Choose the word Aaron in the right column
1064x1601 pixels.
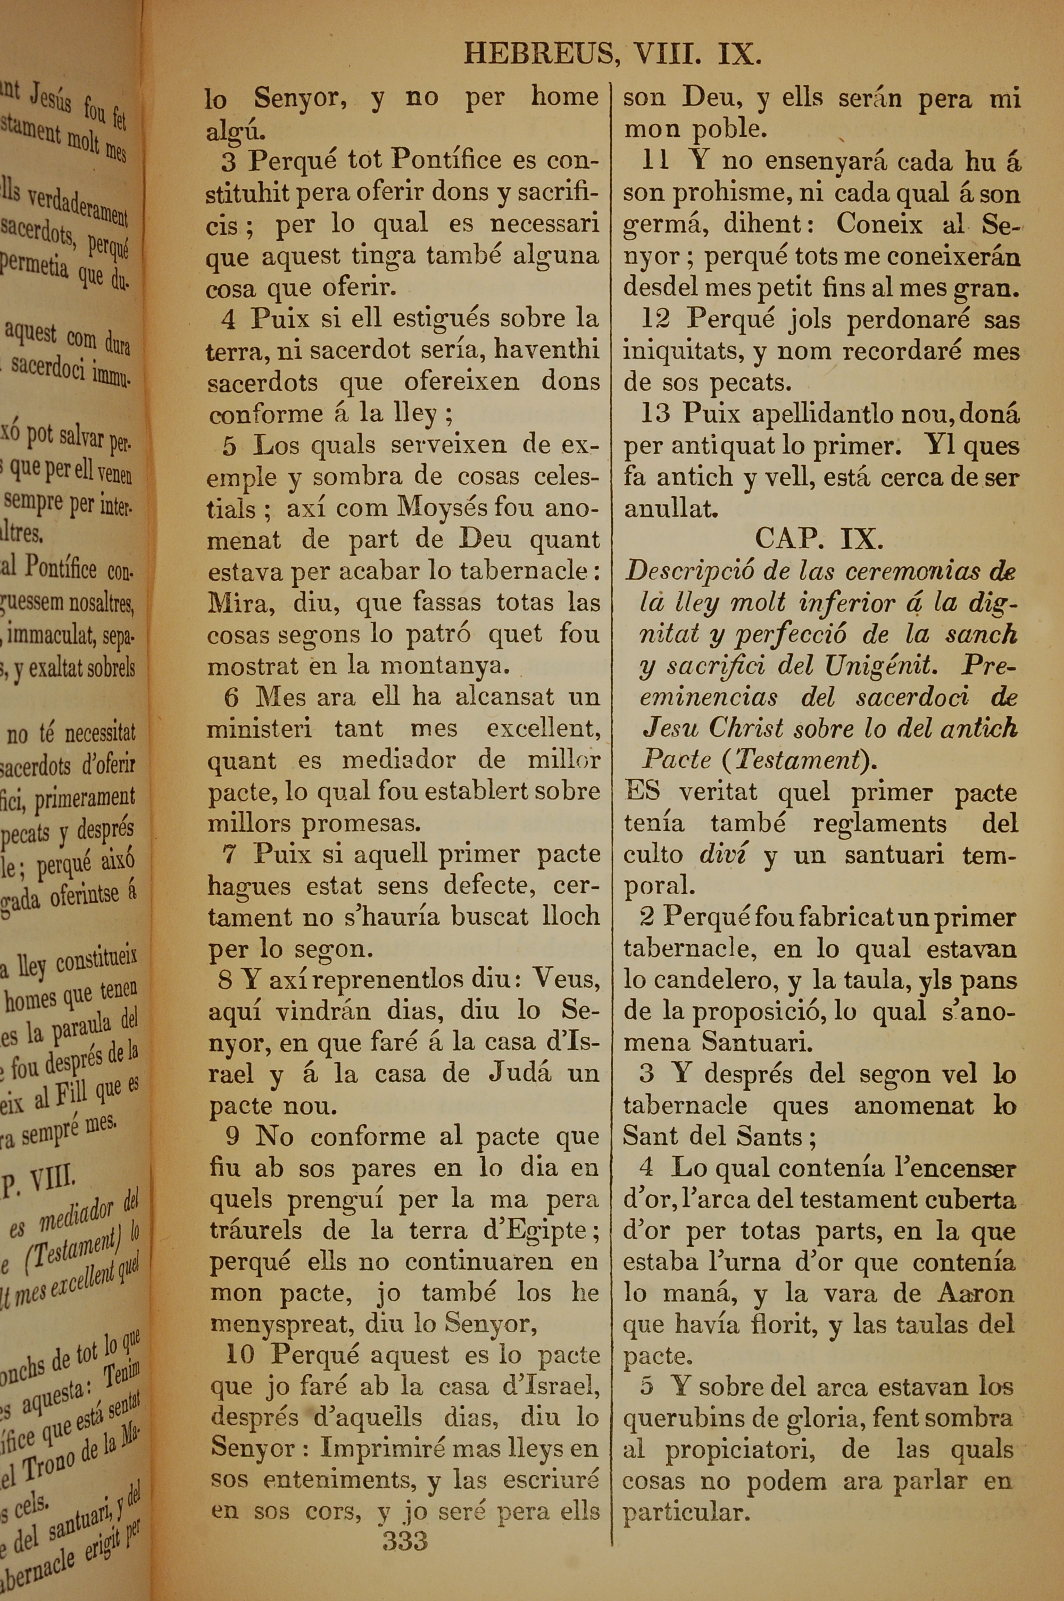975,1293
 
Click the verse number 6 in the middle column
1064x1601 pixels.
231,697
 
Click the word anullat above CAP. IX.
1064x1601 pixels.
670,509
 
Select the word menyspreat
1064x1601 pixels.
282,1324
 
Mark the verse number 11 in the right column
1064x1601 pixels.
655,161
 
